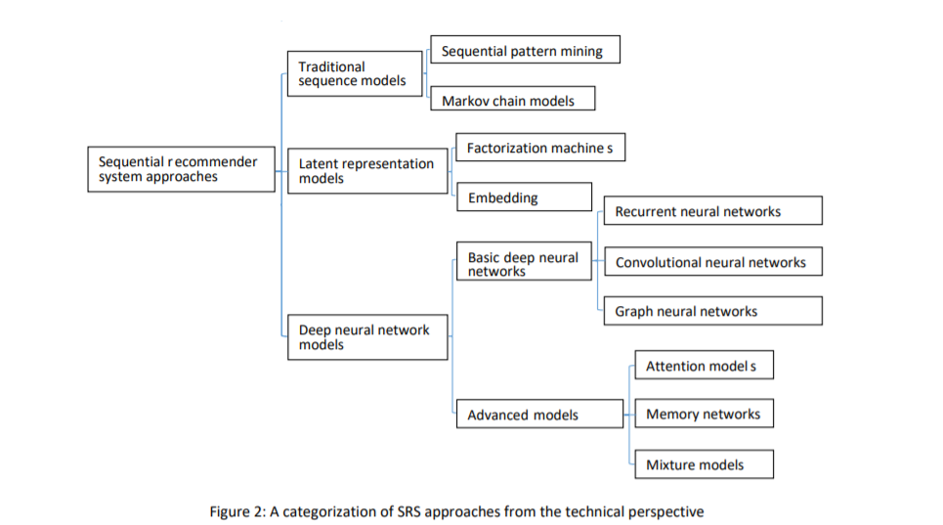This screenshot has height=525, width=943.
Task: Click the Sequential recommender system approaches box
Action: click(x=181, y=169)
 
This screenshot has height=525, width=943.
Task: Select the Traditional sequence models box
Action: click(x=355, y=73)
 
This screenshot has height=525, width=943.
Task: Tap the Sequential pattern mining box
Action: click(x=525, y=49)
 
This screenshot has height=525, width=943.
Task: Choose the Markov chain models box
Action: click(x=513, y=98)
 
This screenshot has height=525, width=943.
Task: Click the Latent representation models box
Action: click(x=368, y=171)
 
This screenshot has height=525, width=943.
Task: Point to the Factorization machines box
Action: click(x=540, y=148)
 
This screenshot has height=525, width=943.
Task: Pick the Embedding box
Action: click(x=525, y=197)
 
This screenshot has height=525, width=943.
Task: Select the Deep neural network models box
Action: click(x=368, y=337)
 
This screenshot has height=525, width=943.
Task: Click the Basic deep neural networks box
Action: click(x=525, y=261)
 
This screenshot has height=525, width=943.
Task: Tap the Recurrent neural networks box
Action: click(x=713, y=210)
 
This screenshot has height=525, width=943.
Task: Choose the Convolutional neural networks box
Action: click(x=713, y=262)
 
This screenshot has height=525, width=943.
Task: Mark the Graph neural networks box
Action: click(x=713, y=311)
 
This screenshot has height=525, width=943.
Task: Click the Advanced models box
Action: click(x=540, y=414)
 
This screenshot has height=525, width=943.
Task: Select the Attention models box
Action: click(x=705, y=365)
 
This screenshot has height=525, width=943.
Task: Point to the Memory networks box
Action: click(x=705, y=414)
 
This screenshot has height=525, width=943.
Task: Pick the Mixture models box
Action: click(x=705, y=464)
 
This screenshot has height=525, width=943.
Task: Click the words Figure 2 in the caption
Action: click(x=237, y=511)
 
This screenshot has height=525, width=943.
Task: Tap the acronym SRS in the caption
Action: click(x=408, y=511)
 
